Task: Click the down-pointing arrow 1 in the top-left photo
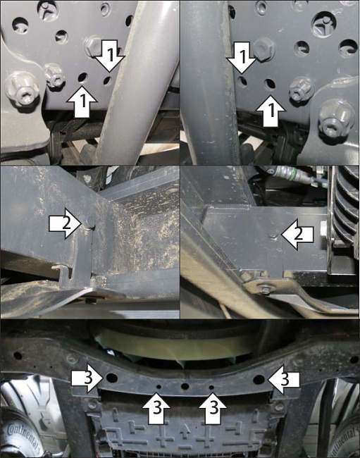pos(110,56)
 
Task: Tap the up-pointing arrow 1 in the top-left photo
pos(82,102)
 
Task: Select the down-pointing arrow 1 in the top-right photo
pos(242,57)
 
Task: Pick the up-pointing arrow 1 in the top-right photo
pos(271,111)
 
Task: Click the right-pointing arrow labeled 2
pos(65,223)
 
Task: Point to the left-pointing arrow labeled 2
pos(297,235)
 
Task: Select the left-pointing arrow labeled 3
pos(283,379)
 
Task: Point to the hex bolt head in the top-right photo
pos(264,49)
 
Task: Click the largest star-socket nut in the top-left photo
pos(21,89)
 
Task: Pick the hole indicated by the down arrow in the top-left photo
pos(108,80)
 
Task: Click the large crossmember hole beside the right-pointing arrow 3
pos(111,378)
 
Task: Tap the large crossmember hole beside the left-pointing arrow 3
pos(259,380)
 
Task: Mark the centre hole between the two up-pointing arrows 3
pos(185,386)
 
